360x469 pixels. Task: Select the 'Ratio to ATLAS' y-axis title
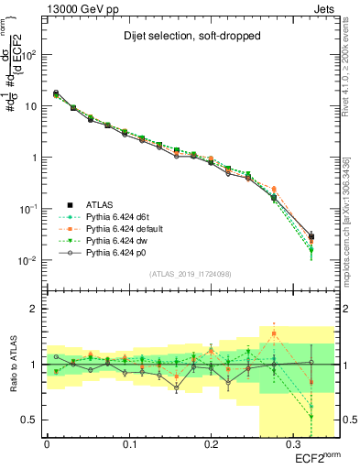[11, 364]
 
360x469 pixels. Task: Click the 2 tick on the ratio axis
[37, 309]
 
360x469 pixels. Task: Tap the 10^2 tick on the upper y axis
[30, 55]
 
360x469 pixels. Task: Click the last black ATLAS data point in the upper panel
[311, 237]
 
